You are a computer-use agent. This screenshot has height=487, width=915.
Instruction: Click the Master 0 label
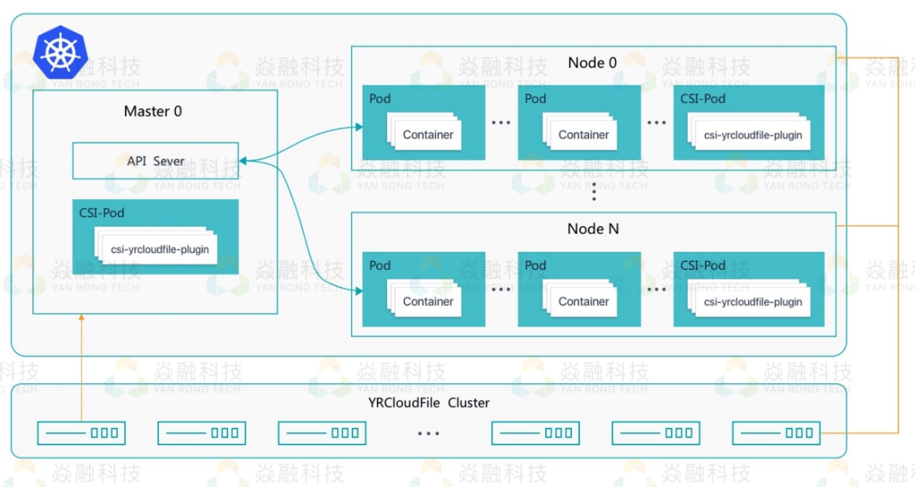153,112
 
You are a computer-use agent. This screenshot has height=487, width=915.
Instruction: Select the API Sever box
155,160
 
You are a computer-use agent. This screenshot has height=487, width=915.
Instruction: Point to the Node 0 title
592,63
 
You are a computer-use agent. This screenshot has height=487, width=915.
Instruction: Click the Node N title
592,229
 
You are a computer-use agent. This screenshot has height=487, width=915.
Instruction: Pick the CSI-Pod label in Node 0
703,99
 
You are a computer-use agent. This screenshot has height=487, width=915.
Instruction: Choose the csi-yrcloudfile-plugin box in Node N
753,301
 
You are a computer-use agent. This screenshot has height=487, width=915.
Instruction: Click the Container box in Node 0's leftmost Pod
428,135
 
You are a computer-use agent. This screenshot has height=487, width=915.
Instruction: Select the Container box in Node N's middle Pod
584,301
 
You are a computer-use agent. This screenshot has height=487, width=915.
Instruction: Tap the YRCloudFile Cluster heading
429,403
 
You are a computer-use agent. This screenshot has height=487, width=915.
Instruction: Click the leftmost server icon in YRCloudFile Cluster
82,433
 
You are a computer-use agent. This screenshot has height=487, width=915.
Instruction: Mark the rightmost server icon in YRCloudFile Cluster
776,433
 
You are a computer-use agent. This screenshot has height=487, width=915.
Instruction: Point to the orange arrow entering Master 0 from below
81,318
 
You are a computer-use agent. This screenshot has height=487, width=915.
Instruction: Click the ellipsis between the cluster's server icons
429,434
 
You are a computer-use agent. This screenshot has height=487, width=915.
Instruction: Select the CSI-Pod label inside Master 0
101,212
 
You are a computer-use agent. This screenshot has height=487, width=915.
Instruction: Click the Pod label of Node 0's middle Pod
535,99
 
